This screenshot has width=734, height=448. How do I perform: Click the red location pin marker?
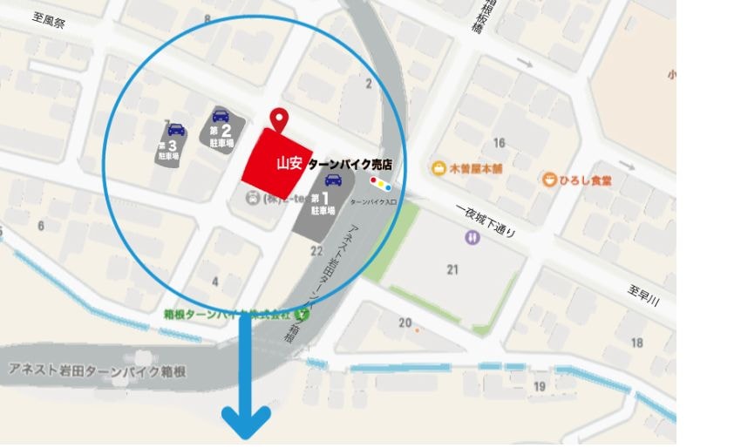(279, 119)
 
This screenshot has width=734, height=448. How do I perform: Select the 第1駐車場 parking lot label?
(323, 204)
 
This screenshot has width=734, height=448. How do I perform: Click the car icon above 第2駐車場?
(221, 114)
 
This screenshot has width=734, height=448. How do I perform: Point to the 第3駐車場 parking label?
(168, 150)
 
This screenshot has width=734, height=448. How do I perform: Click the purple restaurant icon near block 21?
(472, 236)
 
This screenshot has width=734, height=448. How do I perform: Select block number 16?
(500, 143)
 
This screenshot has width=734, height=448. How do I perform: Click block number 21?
(452, 269)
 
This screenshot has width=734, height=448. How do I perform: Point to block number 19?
(540, 386)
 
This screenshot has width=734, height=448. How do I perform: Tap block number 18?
(637, 343)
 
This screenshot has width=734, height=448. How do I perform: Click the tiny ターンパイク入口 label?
(372, 200)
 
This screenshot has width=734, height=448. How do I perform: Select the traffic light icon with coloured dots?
(380, 183)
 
